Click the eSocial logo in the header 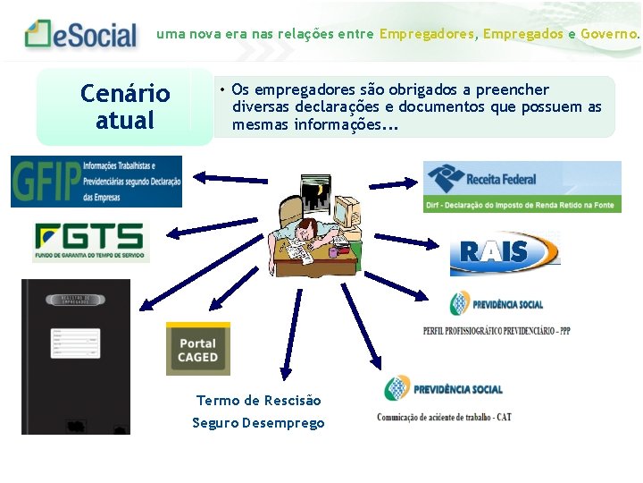click(x=82, y=35)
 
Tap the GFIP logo click(x=96, y=181)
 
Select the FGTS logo click(x=90, y=241)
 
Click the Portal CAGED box click(x=197, y=349)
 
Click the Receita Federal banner click(x=522, y=186)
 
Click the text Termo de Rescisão click(x=258, y=401)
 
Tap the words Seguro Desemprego click(x=258, y=423)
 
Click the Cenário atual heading click(x=124, y=106)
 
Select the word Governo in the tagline click(x=610, y=34)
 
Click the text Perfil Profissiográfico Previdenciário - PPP click(x=496, y=330)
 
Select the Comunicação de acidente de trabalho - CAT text click(x=444, y=417)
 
